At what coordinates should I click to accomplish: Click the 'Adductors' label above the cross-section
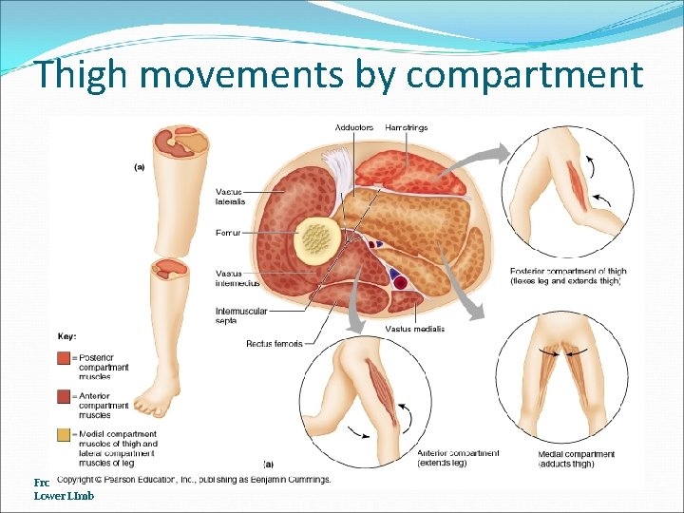[354, 127]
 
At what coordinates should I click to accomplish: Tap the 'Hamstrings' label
[406, 127]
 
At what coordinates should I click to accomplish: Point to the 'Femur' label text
[228, 234]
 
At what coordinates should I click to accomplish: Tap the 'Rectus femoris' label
[274, 343]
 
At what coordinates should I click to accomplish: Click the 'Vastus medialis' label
[415, 329]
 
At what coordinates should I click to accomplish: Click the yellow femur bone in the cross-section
[316, 237]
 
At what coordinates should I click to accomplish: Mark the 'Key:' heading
[67, 335]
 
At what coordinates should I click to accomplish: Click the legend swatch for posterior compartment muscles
[64, 357]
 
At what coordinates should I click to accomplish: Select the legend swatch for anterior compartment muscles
[64, 396]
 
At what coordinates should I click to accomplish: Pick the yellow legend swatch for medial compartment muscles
[64, 435]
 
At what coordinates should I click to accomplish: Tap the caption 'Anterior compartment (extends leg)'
[457, 459]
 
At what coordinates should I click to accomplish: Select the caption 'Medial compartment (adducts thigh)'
[576, 459]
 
